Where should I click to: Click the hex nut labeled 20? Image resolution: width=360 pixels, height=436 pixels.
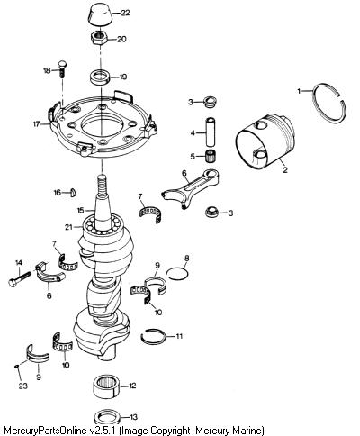pyautogui.click(x=100, y=38)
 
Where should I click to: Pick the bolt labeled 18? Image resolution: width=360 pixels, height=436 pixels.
pyautogui.click(x=62, y=69)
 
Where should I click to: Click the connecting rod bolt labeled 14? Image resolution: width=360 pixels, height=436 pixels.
pyautogui.click(x=20, y=278)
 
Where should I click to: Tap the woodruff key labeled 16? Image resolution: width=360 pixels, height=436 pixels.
pyautogui.click(x=73, y=192)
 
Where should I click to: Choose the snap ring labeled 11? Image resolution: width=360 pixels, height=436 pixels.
pyautogui.click(x=142, y=338)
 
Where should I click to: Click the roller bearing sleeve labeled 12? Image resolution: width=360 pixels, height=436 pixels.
pyautogui.click(x=106, y=386)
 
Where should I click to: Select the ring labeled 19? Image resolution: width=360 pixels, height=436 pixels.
pyautogui.click(x=101, y=74)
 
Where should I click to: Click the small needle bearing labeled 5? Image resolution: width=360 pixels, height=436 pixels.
pyautogui.click(x=211, y=156)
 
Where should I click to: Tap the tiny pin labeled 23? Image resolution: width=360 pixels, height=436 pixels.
pyautogui.click(x=16, y=366)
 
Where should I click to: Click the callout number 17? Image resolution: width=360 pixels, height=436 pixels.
pyautogui.click(x=36, y=123)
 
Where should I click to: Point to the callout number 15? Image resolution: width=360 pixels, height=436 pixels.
pyautogui.click(x=80, y=211)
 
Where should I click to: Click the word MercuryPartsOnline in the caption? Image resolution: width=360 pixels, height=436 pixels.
pyautogui.click(x=42, y=430)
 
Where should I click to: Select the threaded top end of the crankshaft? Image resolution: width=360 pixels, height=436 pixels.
pyautogui.click(x=102, y=184)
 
